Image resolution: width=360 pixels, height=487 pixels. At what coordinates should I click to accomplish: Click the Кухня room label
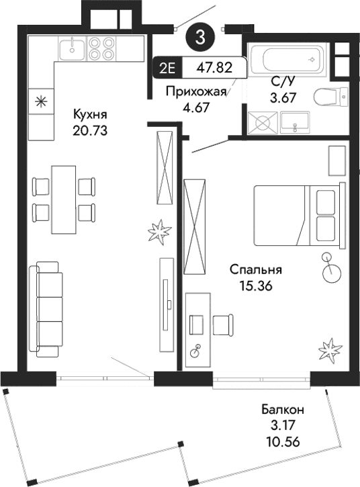[x=91, y=114]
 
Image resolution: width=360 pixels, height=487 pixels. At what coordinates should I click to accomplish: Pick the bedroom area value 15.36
[x=255, y=285]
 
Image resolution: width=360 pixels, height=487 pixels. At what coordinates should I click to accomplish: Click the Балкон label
[x=283, y=409]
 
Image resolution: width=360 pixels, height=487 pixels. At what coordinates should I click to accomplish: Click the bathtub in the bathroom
[x=287, y=59]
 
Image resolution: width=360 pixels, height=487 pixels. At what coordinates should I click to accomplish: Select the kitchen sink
[x=71, y=48]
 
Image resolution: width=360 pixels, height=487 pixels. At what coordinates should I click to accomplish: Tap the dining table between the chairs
[x=64, y=198]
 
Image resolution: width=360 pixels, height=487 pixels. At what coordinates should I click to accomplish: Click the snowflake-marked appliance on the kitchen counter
[x=41, y=102]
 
